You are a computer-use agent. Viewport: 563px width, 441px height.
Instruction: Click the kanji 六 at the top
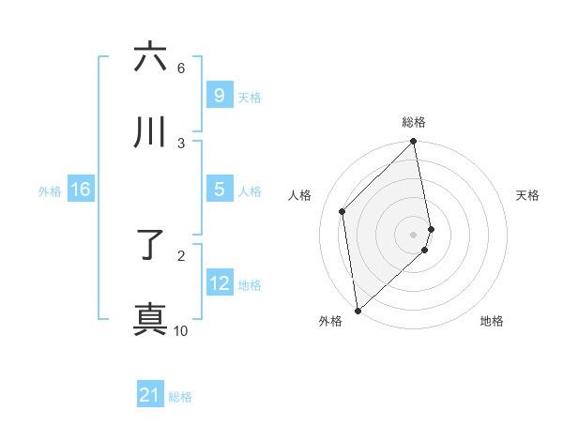click(150, 57)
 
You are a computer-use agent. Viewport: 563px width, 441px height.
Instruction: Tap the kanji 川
click(150, 132)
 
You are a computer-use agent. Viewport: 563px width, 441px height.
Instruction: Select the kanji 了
click(150, 247)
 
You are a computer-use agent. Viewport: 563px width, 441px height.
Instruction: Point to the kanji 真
click(150, 319)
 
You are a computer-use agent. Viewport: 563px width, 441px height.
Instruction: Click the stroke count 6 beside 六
click(181, 68)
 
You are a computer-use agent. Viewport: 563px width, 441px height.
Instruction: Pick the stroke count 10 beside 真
click(181, 330)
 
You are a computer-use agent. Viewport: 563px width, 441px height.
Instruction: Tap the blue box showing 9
click(219, 95)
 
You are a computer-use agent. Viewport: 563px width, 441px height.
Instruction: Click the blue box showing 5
click(219, 190)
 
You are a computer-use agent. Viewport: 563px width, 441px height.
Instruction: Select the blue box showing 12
click(219, 283)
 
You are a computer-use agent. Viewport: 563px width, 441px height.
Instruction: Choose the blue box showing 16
click(80, 190)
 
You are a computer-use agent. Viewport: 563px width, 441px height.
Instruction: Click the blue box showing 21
click(150, 395)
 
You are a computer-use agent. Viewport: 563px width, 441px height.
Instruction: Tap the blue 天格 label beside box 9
click(249, 97)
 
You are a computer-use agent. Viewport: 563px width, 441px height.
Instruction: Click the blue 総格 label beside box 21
click(180, 397)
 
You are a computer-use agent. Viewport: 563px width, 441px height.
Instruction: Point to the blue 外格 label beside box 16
click(50, 191)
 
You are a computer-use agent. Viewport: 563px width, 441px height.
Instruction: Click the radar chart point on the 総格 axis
click(414, 143)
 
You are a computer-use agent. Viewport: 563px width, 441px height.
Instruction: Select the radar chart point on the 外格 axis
click(358, 310)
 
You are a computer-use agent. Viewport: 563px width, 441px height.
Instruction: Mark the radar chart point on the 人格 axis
click(342, 211)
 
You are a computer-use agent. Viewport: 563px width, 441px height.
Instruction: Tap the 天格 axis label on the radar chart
click(528, 195)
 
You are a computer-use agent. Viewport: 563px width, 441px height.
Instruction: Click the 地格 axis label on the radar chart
click(492, 321)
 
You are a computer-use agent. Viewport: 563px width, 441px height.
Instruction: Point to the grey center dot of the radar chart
click(414, 235)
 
